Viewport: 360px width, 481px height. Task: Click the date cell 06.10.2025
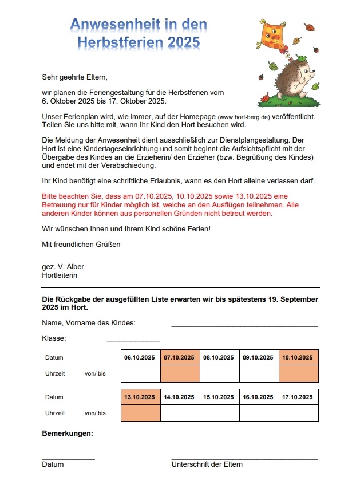click(x=141, y=357)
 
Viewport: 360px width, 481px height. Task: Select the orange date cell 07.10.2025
click(x=180, y=357)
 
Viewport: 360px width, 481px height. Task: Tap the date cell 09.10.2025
click(x=259, y=357)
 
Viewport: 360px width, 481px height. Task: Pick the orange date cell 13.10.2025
click(x=141, y=397)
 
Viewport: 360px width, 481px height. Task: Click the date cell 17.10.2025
click(x=298, y=397)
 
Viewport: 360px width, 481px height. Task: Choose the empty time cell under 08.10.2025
click(x=220, y=373)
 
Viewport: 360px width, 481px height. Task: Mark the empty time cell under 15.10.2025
click(x=220, y=413)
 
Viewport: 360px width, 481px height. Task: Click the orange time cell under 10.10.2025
click(x=298, y=373)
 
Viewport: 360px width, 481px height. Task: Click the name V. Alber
click(x=71, y=267)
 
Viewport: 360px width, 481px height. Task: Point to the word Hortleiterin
click(x=60, y=275)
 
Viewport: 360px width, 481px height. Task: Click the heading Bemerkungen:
click(x=68, y=433)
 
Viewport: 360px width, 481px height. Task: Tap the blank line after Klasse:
click(x=133, y=341)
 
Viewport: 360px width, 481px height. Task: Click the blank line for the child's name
click(x=244, y=326)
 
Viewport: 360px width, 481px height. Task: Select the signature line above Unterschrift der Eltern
click(x=244, y=459)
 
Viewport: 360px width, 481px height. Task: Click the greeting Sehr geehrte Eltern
click(x=74, y=77)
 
